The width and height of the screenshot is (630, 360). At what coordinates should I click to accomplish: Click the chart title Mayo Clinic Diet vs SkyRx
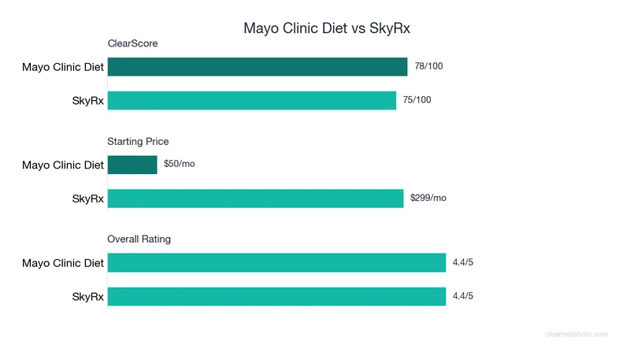pos(327,28)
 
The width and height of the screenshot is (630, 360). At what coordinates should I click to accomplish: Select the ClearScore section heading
pos(132,44)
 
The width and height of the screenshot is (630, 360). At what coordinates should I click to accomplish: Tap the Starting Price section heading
pos(138,142)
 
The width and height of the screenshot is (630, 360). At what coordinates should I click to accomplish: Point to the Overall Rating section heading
pos(139,239)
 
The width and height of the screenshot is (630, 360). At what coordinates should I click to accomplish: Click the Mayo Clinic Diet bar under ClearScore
pos(258,67)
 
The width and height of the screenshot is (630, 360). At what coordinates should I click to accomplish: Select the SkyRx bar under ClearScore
pos(252,100)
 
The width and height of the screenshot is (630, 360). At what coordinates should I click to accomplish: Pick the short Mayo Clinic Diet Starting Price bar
pos(132,165)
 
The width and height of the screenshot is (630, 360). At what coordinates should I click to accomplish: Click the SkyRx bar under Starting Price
pos(255,199)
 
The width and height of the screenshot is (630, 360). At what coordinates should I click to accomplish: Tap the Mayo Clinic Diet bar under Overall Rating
pos(276,262)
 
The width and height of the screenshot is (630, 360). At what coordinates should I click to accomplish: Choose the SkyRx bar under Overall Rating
pos(276,296)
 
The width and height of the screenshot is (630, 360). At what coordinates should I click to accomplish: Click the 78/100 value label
pos(428,67)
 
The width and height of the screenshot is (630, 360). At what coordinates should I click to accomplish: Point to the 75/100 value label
pos(417,100)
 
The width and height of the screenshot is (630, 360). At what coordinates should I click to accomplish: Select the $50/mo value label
pos(179,165)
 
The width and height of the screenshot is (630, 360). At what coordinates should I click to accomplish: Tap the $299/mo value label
pos(428,199)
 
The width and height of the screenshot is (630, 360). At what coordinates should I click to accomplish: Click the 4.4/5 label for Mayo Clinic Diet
pos(463,262)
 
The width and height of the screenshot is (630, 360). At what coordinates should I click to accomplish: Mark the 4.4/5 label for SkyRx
pos(463,296)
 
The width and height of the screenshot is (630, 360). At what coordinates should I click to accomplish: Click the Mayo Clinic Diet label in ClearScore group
pos(63,67)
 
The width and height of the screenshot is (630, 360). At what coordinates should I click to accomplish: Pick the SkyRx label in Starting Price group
pos(87,199)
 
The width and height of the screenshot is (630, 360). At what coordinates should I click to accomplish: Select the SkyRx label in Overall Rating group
pos(87,296)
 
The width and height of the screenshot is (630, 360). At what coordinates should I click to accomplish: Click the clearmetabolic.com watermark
pos(576,334)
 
